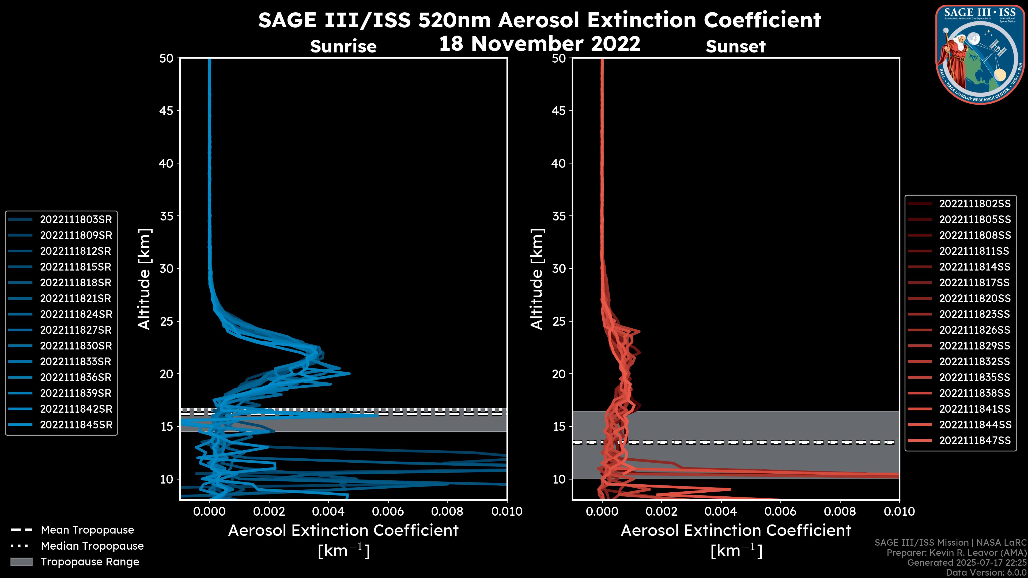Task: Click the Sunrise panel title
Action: coord(343,47)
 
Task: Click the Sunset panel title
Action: coord(735,47)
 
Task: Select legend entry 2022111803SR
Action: coord(76,219)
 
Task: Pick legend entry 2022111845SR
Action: coord(76,425)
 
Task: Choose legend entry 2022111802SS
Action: coord(974,204)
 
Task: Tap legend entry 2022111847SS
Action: coord(974,440)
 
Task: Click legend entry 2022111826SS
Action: coord(974,330)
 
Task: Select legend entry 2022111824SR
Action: coord(76,314)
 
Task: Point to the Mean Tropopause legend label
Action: coord(87,530)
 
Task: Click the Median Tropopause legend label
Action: coord(92,546)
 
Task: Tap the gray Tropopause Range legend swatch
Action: coord(21,562)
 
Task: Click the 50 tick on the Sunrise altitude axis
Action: coord(167,58)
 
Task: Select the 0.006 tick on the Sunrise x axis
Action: coord(388,511)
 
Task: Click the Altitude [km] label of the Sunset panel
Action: coord(537,279)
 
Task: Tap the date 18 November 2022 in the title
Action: coord(539,43)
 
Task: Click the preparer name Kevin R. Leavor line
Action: coord(956,553)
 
